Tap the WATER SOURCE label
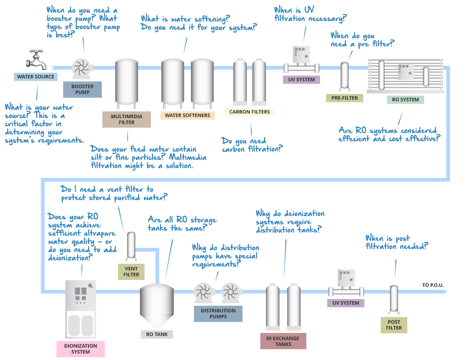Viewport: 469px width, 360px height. (35, 77)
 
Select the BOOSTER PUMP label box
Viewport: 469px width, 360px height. (82, 89)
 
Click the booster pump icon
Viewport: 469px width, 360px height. (81, 67)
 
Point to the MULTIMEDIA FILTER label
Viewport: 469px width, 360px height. (127, 119)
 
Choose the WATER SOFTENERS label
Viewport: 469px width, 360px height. (188, 115)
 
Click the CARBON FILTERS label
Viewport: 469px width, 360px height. (250, 111)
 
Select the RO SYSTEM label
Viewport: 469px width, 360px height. (405, 100)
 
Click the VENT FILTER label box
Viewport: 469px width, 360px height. (131, 272)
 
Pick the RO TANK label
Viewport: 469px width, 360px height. (157, 334)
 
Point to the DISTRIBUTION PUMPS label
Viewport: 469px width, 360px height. (218, 314)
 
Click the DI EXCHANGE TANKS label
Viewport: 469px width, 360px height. (283, 341)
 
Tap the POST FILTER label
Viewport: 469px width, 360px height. (394, 325)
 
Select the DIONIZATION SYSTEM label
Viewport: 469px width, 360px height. (81, 348)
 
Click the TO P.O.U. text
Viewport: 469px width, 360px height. (433, 285)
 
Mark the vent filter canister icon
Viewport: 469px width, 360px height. (132, 246)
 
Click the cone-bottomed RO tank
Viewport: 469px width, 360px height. (157, 304)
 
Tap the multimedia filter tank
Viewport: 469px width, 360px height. (127, 82)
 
